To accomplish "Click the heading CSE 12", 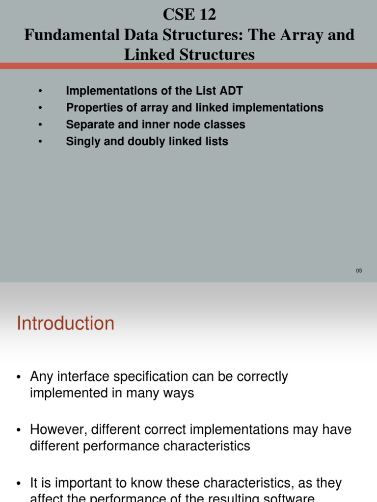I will pos(189,15).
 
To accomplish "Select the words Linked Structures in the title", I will pos(189,54).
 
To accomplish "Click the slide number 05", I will pos(359,271).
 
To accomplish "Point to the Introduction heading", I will pos(65,324).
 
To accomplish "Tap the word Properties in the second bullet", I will pos(93,107).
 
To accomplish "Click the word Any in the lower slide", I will pos(40,376).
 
